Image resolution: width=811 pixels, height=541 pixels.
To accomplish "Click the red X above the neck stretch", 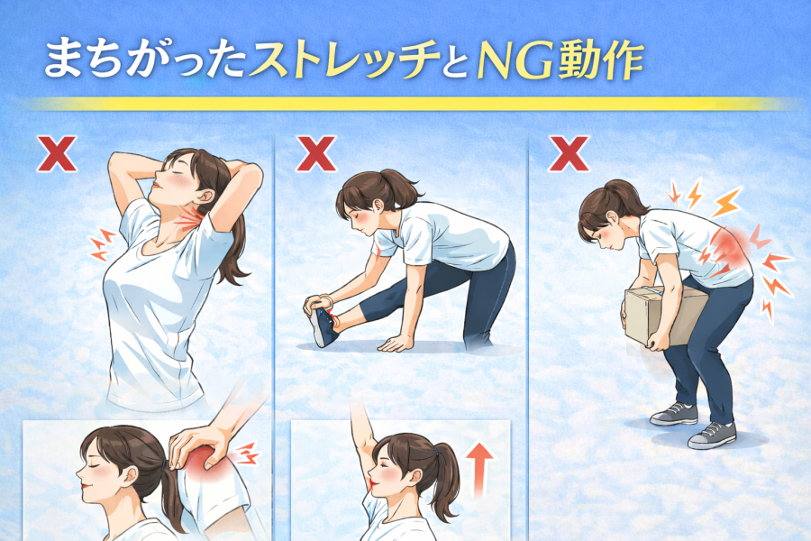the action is tap(57, 154).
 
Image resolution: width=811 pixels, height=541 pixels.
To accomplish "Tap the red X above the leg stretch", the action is tap(316, 154).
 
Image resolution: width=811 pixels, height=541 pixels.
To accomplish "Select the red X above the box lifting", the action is tap(569, 154).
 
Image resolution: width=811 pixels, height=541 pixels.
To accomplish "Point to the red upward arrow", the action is tap(479, 470).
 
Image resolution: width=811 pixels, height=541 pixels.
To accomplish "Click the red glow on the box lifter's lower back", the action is tap(729, 247).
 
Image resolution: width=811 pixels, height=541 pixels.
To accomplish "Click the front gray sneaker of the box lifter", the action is tap(712, 435).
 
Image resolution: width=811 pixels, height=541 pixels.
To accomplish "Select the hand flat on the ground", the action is tap(396, 344).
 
